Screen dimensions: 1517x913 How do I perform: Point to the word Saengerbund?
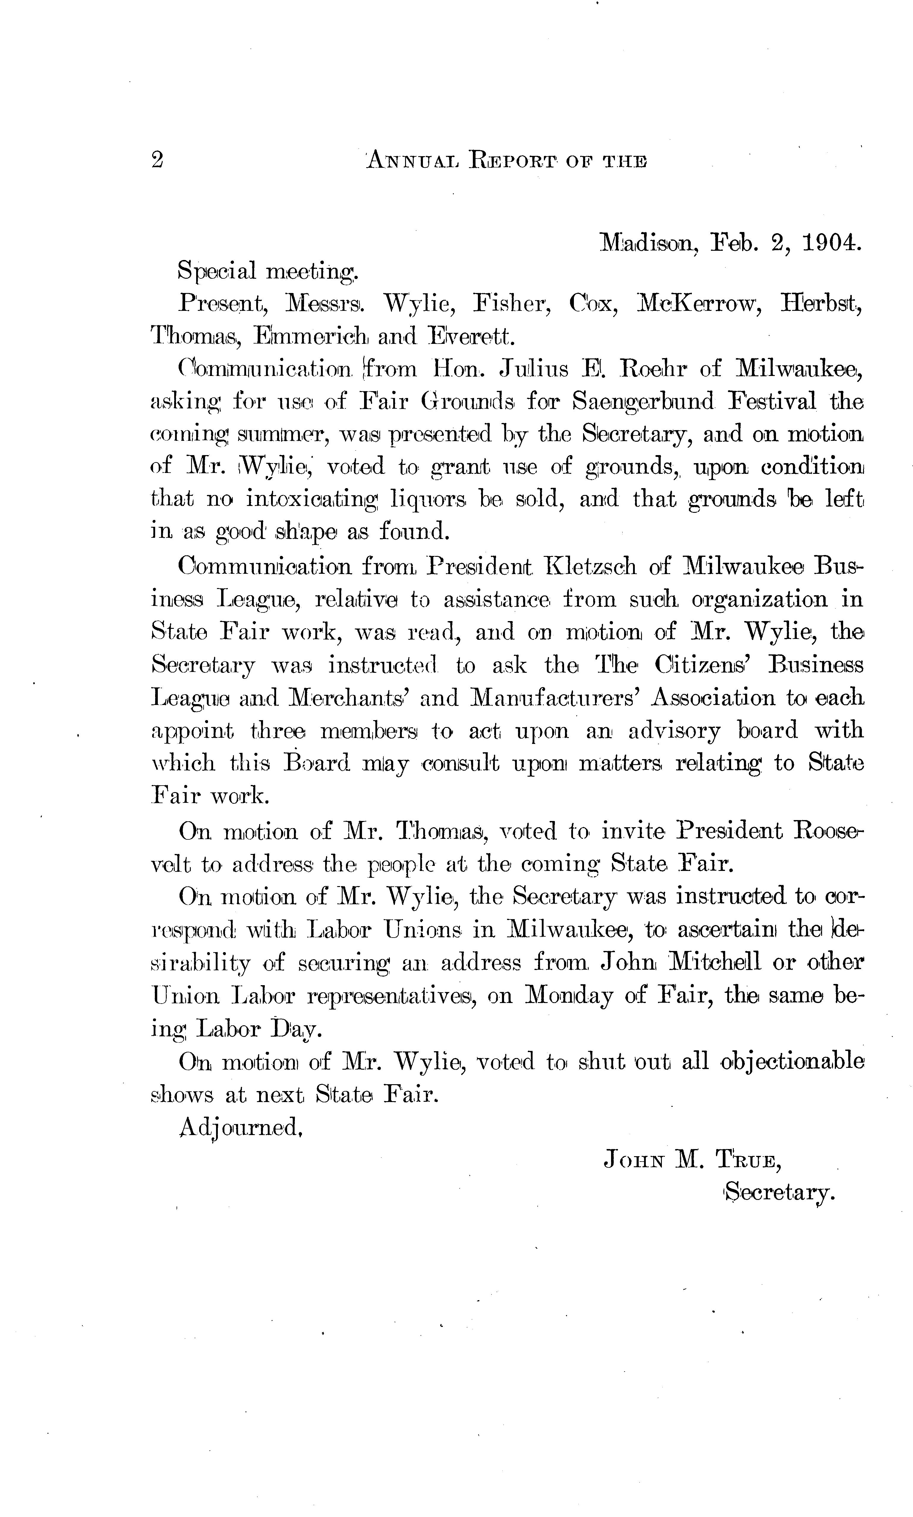pyautogui.click(x=643, y=402)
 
